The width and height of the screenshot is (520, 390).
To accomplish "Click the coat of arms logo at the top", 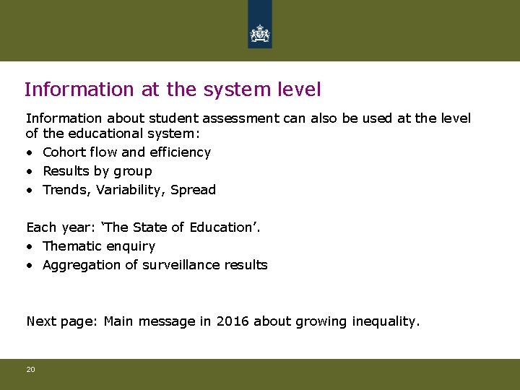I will (259, 32).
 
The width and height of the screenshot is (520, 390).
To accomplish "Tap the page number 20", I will (30, 369).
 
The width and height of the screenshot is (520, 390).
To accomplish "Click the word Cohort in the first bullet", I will (63, 152).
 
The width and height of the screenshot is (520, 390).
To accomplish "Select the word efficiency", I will (180, 152).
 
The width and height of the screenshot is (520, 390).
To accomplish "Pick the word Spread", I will (194, 190).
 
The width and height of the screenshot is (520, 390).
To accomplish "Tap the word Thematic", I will (71, 246).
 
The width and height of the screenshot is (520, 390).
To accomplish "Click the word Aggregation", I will (78, 265).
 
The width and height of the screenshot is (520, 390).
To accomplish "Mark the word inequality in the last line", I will (384, 321).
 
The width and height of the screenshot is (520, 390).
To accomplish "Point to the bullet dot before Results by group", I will (30, 172).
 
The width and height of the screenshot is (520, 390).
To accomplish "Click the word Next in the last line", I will (41, 321).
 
